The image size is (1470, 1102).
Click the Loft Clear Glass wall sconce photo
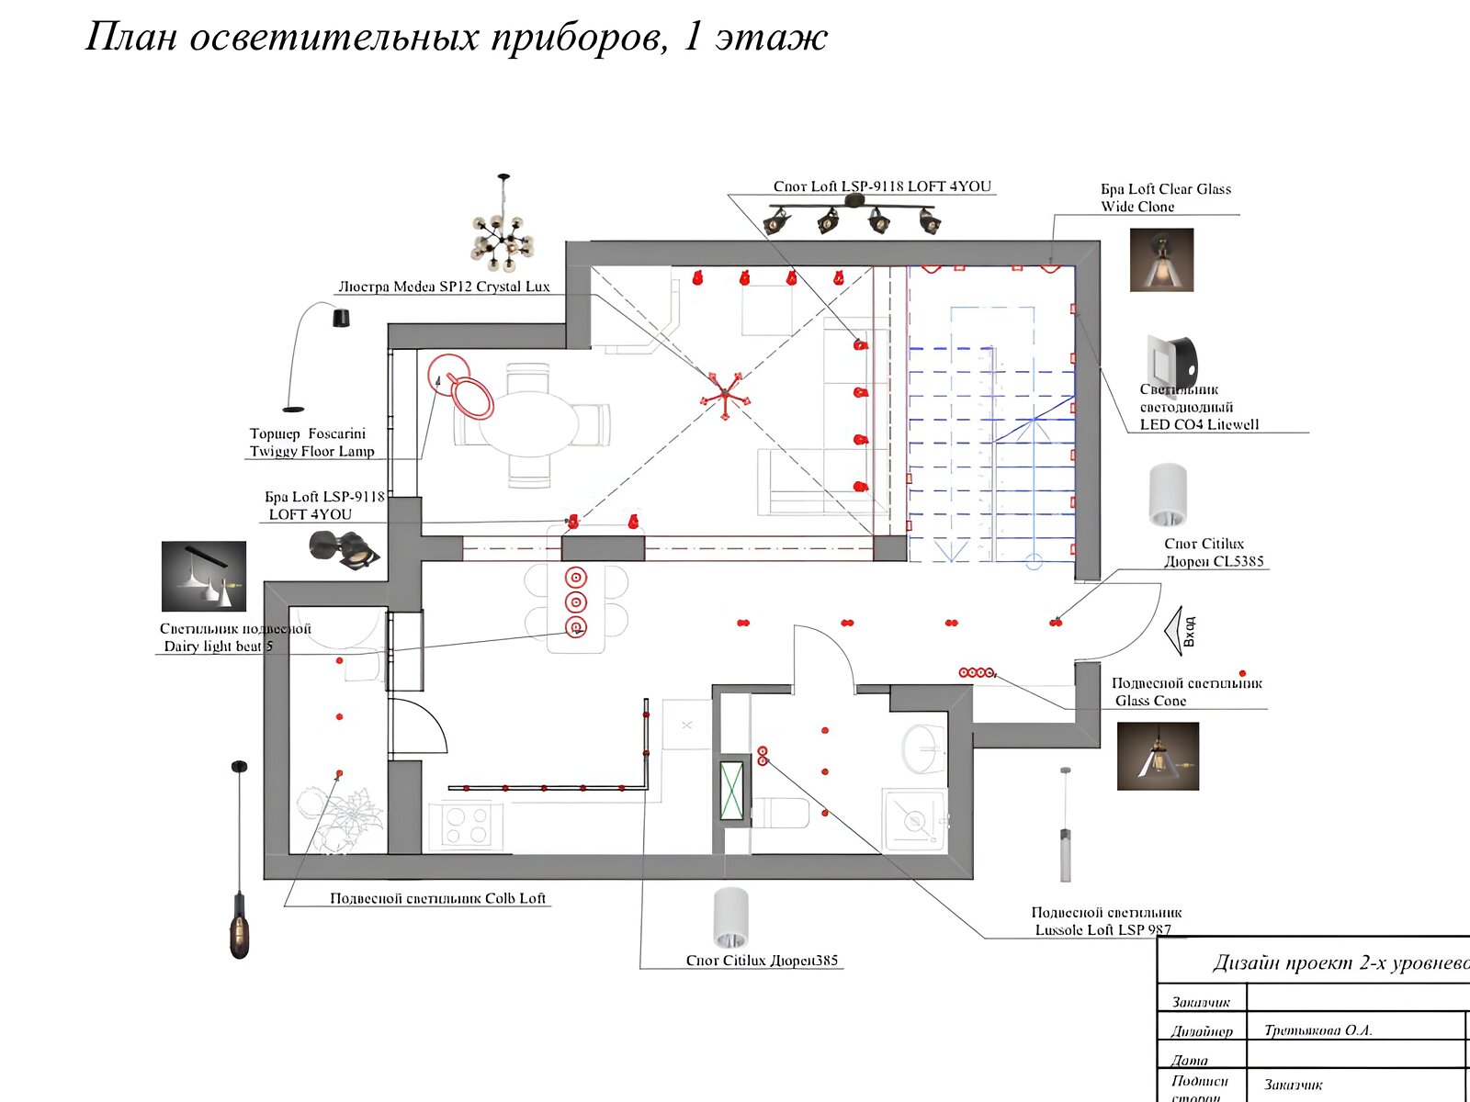[x=1161, y=260]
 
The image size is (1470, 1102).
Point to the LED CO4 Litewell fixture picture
[x=1172, y=362]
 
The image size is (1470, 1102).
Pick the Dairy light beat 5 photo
[x=204, y=576]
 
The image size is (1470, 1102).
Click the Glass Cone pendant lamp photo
[x=1158, y=756]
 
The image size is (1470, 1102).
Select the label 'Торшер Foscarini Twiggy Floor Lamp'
[x=311, y=442]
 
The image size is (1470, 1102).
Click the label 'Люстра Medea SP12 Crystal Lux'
[x=444, y=287]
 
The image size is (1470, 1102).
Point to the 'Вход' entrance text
[x=1189, y=631]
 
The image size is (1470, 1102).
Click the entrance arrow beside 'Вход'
[x=1173, y=631]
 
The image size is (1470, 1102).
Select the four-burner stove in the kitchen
[x=465, y=824]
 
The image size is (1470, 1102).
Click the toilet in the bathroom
[x=781, y=813]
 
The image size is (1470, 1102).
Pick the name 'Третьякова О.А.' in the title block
[x=1317, y=1030]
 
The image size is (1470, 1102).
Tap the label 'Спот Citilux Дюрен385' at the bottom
[x=762, y=961]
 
